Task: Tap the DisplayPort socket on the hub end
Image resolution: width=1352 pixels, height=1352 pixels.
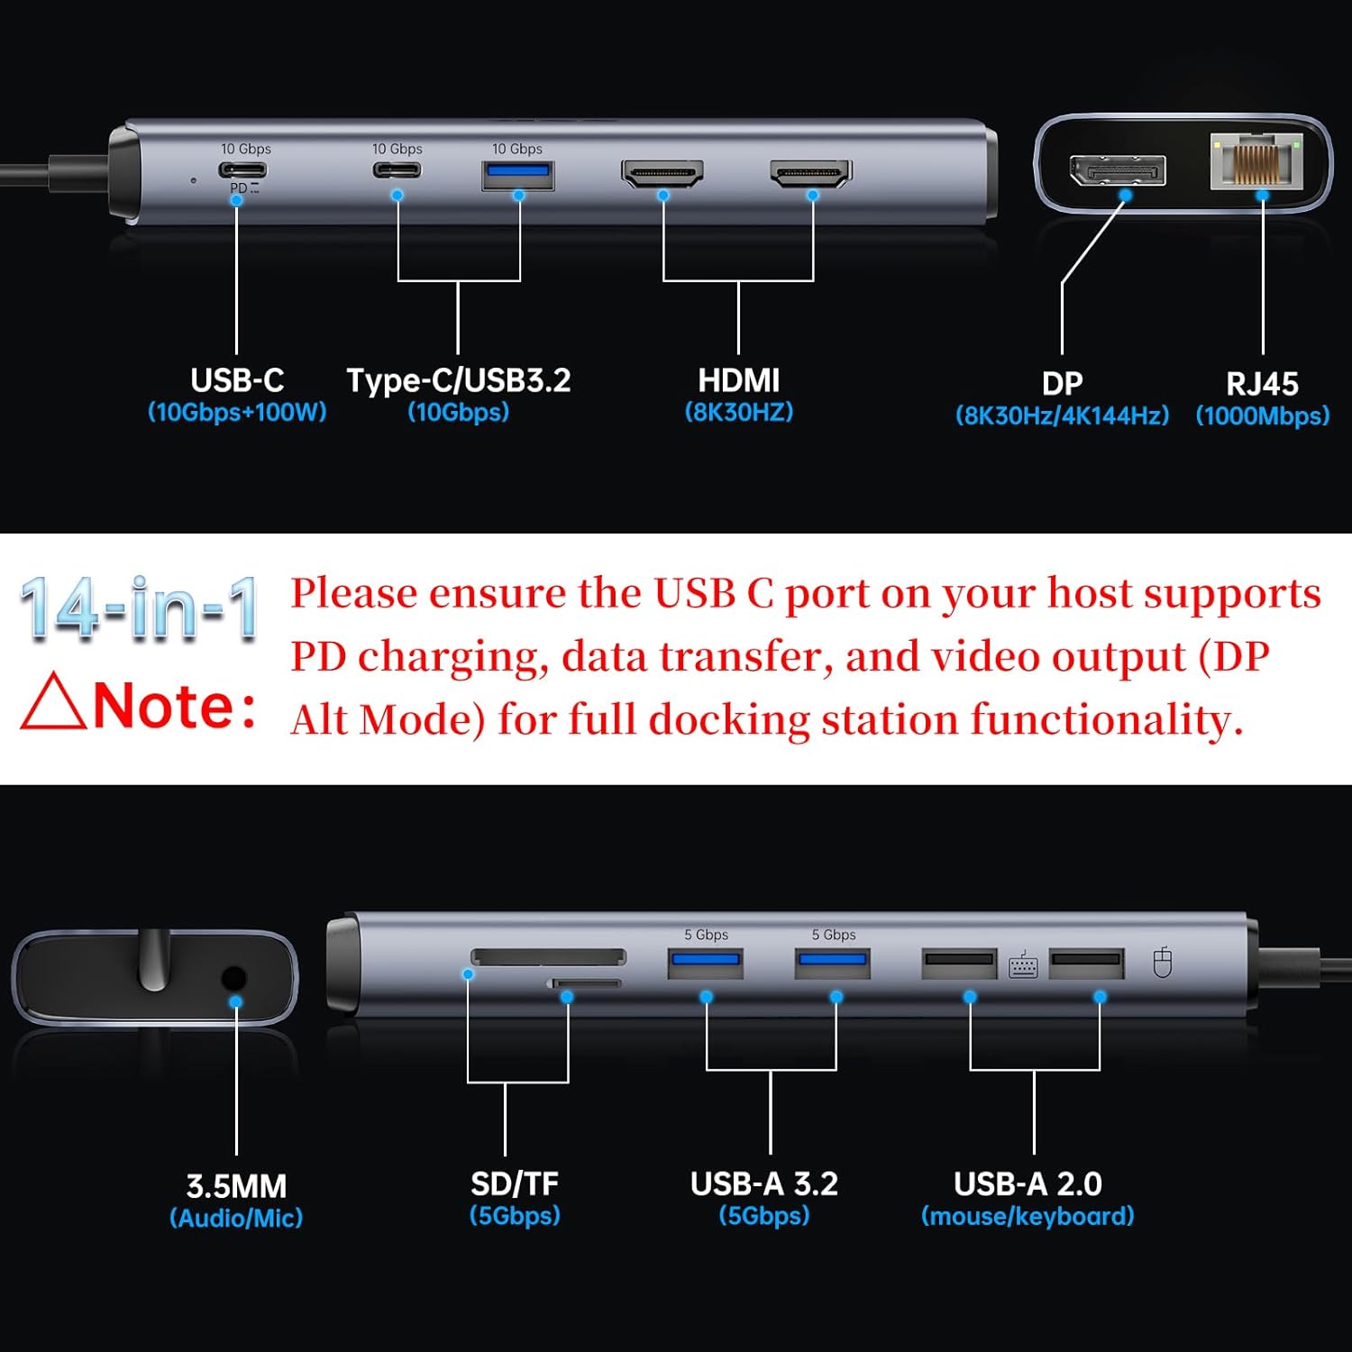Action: click(1117, 170)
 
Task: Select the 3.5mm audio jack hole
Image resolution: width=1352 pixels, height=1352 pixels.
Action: click(233, 979)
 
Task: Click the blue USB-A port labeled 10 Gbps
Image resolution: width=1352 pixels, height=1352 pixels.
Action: click(517, 174)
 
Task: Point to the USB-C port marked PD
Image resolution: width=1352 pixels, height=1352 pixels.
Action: click(243, 169)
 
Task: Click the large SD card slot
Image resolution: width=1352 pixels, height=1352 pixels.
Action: click(548, 956)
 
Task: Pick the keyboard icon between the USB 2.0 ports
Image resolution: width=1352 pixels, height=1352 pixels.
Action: click(1023, 965)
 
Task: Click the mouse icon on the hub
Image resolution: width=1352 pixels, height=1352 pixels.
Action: click(1163, 963)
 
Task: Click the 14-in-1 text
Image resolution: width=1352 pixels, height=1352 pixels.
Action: click(140, 610)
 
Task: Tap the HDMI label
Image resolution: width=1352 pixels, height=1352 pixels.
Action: click(738, 380)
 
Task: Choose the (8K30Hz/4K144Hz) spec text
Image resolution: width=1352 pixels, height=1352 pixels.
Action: click(1062, 416)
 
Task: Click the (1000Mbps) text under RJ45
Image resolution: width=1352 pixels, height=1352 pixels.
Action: click(1262, 416)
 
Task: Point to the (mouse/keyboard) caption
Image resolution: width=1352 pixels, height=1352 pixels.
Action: click(1027, 1216)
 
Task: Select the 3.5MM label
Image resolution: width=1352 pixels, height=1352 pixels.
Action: click(236, 1185)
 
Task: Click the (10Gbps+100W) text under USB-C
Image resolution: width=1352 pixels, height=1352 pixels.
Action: click(237, 412)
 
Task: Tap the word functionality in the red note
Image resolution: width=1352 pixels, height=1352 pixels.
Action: click(1107, 719)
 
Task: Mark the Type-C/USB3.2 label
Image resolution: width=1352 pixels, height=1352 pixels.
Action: click(459, 380)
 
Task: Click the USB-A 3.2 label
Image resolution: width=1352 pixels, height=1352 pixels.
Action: click(763, 1183)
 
